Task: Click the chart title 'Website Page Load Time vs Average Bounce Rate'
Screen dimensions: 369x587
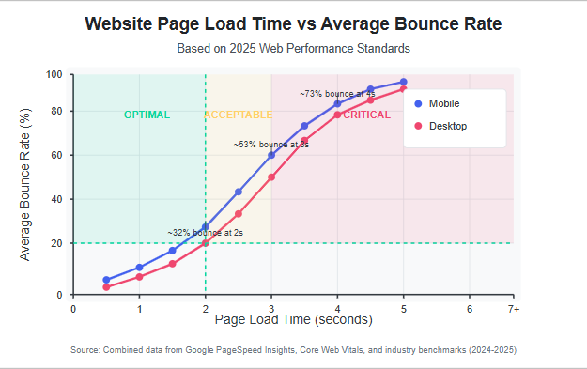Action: tap(293, 23)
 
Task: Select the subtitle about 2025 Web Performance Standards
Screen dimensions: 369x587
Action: tap(293, 48)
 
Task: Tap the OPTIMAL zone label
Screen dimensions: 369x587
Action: tap(147, 115)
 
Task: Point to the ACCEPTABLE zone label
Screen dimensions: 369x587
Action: tap(239, 115)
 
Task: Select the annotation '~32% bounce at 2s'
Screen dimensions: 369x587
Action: tap(205, 232)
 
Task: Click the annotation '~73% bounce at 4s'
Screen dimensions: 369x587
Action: tap(337, 94)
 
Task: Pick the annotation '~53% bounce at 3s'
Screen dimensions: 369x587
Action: tap(270, 145)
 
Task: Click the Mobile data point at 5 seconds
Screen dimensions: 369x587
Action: tap(403, 83)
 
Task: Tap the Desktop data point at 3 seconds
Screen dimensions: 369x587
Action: tap(271, 177)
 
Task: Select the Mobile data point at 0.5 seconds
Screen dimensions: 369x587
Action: tap(106, 280)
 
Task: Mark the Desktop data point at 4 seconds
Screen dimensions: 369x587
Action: tap(337, 115)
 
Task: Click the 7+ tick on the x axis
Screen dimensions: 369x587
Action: tap(513, 308)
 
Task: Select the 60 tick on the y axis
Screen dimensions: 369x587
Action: tap(56, 155)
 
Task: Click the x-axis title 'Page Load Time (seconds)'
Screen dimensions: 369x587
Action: tap(293, 320)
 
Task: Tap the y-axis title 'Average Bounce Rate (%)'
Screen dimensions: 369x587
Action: tap(25, 184)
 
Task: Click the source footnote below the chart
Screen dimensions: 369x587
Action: tap(293, 350)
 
